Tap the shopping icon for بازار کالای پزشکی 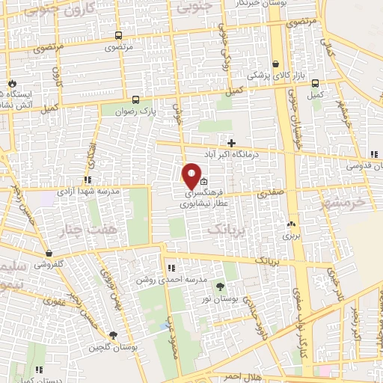tap(277, 64)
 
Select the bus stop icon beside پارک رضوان tap(135, 99)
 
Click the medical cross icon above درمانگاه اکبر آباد tap(231, 143)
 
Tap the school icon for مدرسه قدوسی tap(374, 155)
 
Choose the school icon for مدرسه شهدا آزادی tap(88, 180)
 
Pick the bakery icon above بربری tap(291, 223)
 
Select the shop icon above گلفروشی tap(49, 253)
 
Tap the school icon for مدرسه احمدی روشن tap(171, 268)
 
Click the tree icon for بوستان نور tap(220, 286)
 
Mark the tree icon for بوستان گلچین tap(112, 336)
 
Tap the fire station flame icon tap(12, 83)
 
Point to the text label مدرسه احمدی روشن tap(159, 279)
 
